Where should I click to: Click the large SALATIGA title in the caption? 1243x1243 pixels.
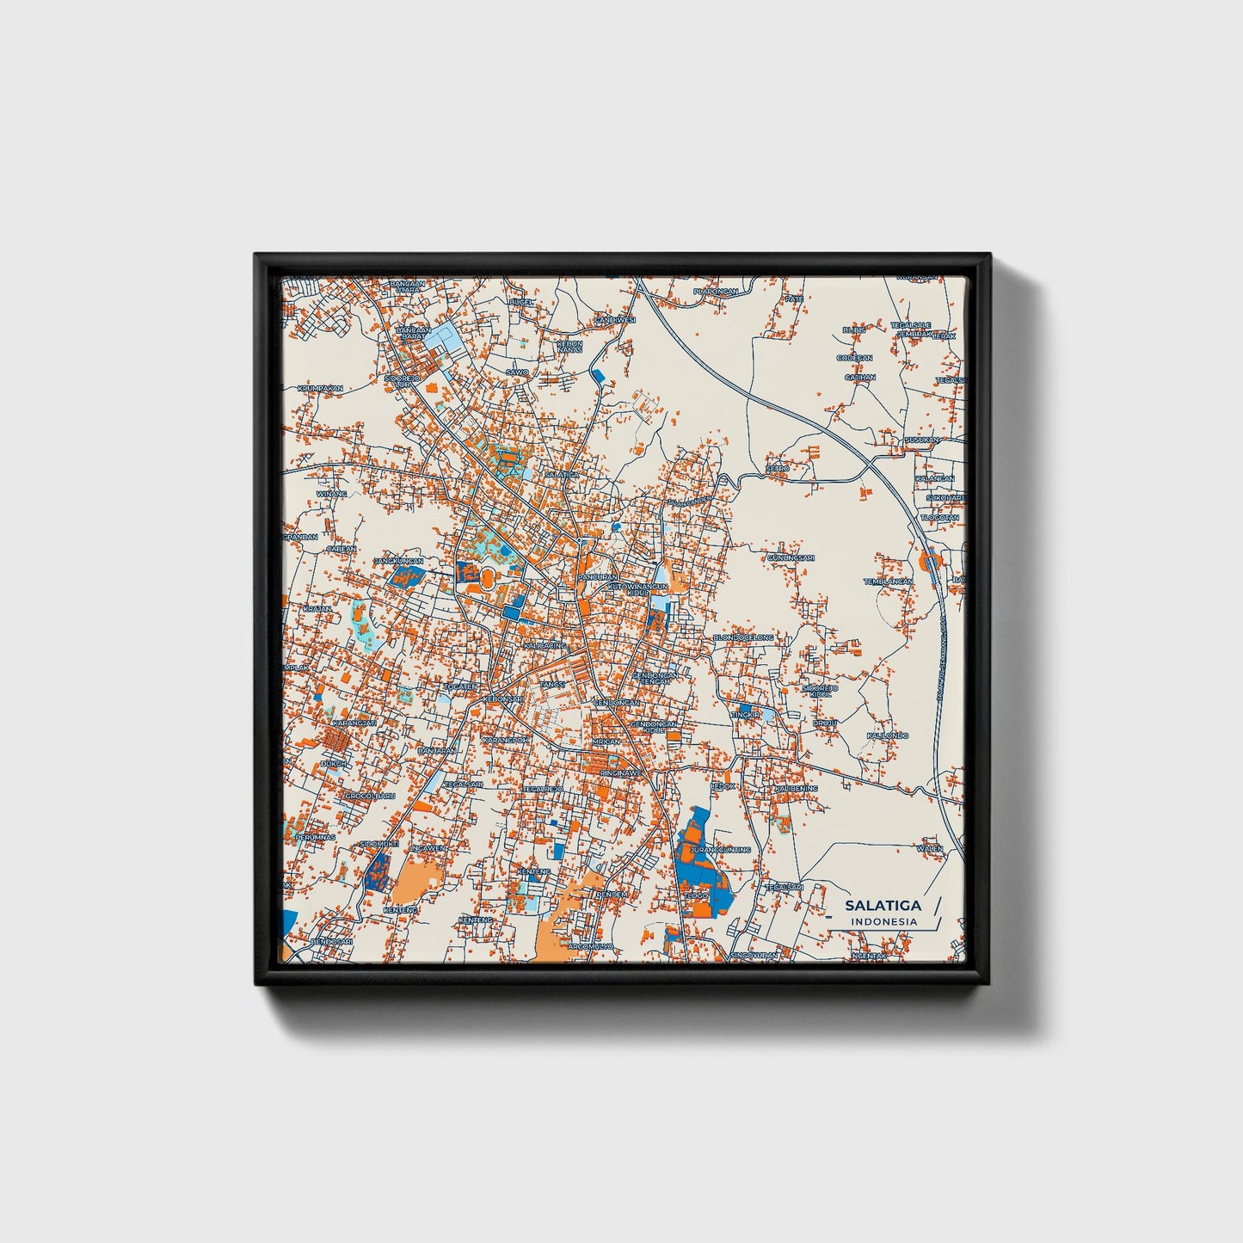(882, 905)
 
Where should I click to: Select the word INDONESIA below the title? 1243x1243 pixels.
(883, 921)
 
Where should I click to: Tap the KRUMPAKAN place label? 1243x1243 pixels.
(320, 388)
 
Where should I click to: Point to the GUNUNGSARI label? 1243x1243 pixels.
(791, 557)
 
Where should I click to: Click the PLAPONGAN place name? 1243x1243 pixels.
(716, 292)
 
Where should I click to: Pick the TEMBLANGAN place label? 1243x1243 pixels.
(888, 582)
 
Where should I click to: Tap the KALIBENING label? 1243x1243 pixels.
(796, 788)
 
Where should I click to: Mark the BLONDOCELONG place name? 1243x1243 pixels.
(743, 637)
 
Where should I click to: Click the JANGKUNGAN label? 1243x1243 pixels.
(398, 561)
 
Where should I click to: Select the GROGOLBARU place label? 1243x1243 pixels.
(369, 797)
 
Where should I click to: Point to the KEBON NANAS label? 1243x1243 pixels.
(569, 347)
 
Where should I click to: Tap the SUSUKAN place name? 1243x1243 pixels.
(921, 440)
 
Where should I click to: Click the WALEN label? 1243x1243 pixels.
(929, 848)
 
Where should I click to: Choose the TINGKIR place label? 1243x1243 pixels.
(745, 715)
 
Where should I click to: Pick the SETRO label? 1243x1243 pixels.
(778, 468)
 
